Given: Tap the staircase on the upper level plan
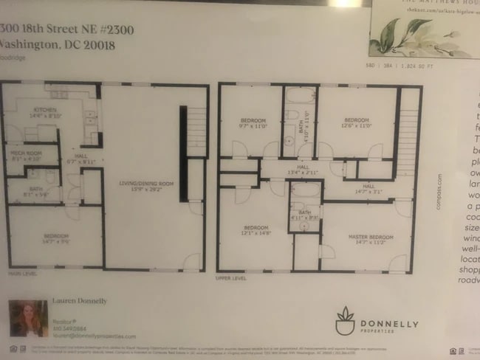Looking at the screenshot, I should [x=408, y=133].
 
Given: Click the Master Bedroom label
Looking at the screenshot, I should [x=368, y=239].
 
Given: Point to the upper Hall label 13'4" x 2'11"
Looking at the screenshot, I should [x=303, y=170].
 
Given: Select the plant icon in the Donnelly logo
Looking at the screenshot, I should [x=345, y=320].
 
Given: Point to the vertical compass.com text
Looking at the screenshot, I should [x=439, y=192].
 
